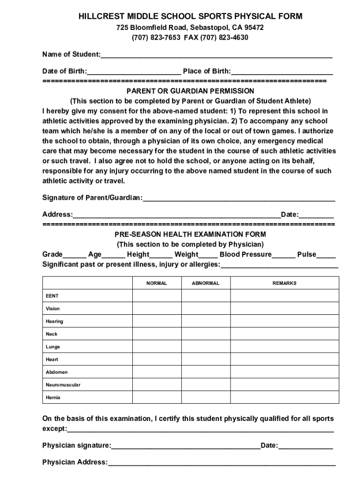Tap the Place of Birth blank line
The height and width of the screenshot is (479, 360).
[x=282, y=72]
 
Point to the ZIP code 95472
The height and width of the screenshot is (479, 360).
[x=254, y=28]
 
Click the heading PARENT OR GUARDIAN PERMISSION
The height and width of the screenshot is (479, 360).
[x=191, y=91]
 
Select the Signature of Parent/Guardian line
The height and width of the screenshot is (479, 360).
[x=239, y=198]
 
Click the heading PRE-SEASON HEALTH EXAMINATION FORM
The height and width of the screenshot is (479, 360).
[x=191, y=234]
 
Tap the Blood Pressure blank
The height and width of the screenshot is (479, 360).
[x=283, y=255]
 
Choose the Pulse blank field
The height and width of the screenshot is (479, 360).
[x=326, y=255]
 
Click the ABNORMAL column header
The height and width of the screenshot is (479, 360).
[x=205, y=283]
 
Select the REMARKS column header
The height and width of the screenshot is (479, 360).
[x=284, y=283]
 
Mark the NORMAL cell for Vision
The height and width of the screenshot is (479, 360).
[x=156, y=309]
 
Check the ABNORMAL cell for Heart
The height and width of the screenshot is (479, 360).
[x=205, y=360]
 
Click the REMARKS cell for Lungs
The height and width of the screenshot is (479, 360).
[x=284, y=347]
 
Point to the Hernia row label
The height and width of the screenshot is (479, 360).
[x=53, y=398]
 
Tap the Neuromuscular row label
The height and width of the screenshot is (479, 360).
[x=63, y=385]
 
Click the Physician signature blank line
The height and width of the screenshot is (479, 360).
[x=186, y=446]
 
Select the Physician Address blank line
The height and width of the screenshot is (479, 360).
[x=222, y=463]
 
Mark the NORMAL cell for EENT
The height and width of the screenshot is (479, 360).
[x=156, y=296]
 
